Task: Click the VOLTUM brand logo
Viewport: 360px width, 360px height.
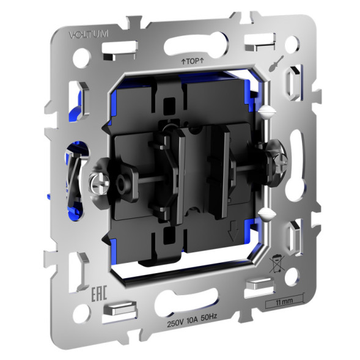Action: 89,34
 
